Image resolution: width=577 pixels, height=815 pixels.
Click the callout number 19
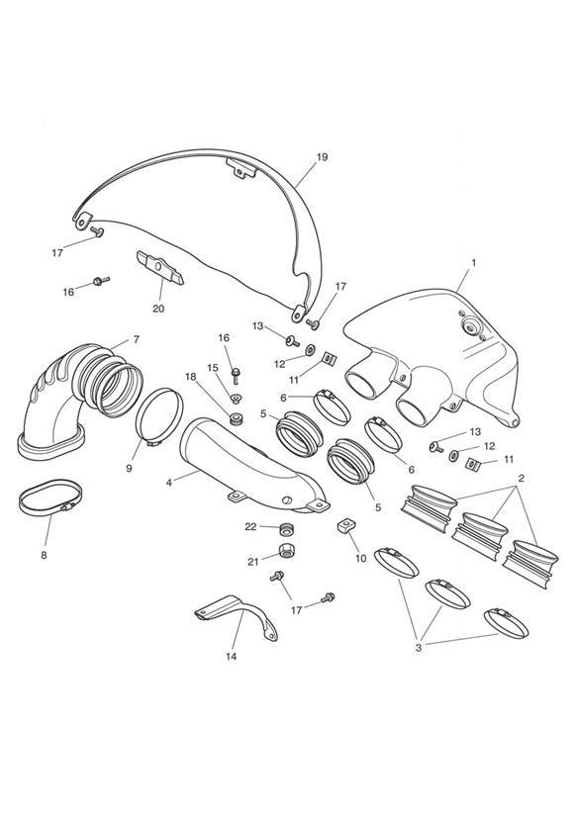(x=322, y=157)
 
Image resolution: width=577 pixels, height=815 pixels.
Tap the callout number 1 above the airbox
(x=473, y=263)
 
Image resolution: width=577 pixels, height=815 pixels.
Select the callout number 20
(x=158, y=309)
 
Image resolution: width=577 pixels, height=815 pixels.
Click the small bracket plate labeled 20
(x=160, y=268)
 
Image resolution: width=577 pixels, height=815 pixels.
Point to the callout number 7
(x=137, y=339)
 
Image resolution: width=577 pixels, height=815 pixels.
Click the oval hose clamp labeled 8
(x=50, y=498)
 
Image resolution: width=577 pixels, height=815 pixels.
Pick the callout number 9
(x=129, y=468)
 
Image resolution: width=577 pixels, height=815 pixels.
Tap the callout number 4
(x=169, y=483)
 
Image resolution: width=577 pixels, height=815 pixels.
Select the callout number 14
(x=231, y=657)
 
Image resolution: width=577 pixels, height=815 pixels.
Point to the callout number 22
(x=250, y=526)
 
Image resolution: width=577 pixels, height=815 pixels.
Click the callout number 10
(x=361, y=558)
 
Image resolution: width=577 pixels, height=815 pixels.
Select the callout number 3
(x=419, y=648)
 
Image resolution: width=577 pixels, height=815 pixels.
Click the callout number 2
(x=521, y=478)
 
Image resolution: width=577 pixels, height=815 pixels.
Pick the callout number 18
(x=191, y=377)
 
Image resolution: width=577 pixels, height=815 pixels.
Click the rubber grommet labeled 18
(x=238, y=418)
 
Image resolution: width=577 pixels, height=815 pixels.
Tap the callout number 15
(x=213, y=368)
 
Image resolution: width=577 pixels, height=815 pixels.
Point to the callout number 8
(x=44, y=555)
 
